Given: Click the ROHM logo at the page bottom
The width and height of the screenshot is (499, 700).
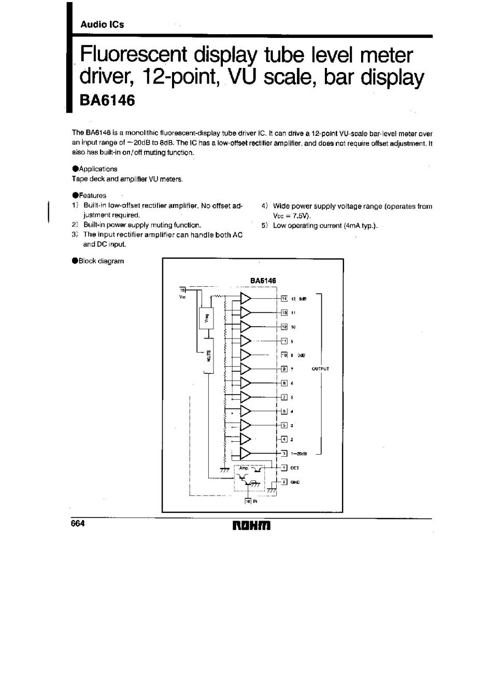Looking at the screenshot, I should [x=252, y=526].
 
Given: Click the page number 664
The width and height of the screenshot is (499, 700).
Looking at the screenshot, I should [x=78, y=523].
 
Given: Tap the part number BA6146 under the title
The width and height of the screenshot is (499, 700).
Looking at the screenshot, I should [x=107, y=100].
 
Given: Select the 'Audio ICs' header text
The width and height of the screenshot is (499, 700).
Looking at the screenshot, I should [x=102, y=24].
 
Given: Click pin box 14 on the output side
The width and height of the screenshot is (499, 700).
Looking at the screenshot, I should [x=284, y=298].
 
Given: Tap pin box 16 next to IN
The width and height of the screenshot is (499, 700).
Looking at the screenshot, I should [x=248, y=501].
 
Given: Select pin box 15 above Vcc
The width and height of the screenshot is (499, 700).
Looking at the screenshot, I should [x=182, y=290].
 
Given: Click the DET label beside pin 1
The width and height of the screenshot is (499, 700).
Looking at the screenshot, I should [x=295, y=468].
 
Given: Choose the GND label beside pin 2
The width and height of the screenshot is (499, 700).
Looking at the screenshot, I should [x=295, y=482].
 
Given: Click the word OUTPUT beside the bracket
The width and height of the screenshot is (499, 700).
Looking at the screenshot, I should [x=320, y=369].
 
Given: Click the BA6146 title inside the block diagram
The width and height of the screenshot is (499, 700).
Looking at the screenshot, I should [x=263, y=281].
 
